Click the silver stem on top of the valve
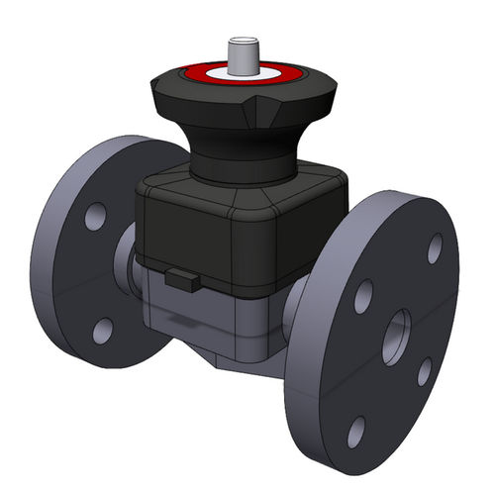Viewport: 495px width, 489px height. [241, 53]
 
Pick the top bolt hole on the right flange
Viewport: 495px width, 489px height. [434, 248]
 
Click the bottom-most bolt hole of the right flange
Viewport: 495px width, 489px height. [355, 431]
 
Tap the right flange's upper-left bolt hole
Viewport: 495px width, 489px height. [363, 296]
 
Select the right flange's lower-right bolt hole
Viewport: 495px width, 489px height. [424, 372]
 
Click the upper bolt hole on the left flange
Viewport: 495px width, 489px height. [95, 216]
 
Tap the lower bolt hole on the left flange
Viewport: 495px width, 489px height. [102, 331]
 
